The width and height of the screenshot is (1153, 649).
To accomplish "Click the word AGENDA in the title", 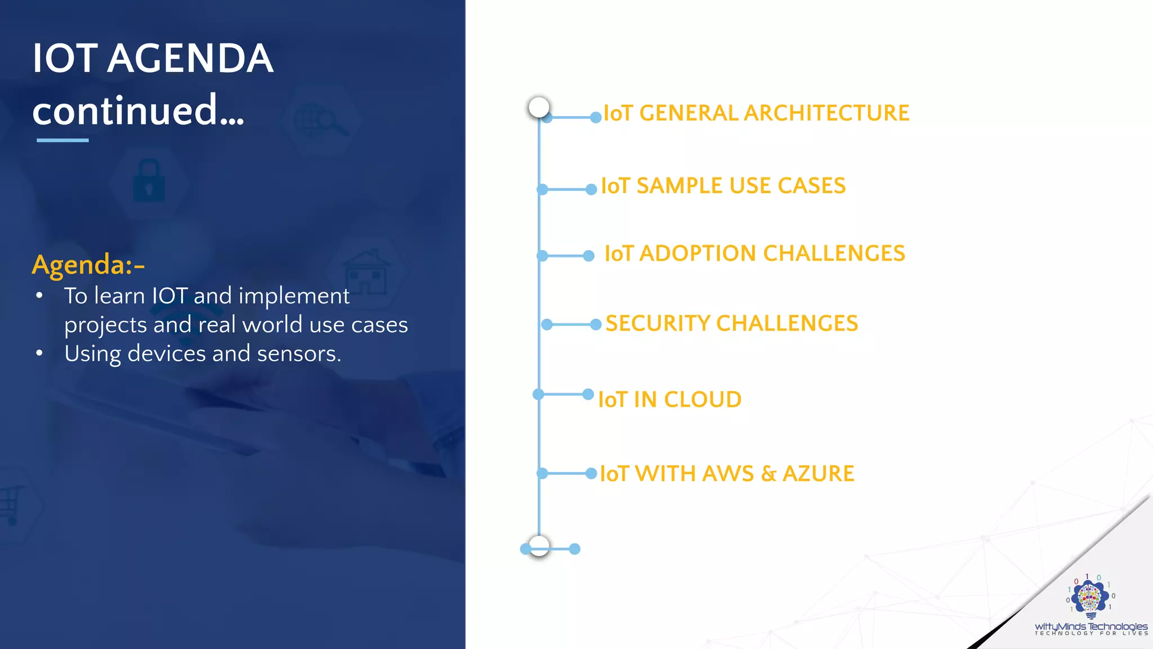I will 190,59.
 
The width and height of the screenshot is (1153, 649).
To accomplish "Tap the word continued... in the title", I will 138,110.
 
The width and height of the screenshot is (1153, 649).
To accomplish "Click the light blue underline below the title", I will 62,140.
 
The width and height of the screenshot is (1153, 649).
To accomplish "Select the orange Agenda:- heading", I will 88,264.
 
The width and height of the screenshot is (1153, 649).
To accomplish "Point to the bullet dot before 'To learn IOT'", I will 39,296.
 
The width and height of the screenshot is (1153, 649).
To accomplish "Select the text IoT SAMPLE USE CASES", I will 723,186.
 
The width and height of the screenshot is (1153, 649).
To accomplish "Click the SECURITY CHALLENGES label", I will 731,323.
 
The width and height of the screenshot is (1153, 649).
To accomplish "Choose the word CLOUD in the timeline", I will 703,399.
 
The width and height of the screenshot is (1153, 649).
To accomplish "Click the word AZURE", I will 818,473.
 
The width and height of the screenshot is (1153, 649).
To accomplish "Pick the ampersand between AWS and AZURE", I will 768,474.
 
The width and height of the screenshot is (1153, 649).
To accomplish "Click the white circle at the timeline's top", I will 539,107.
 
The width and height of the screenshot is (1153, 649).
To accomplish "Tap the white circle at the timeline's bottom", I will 539,545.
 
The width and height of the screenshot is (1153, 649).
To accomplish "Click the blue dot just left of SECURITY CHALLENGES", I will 596,324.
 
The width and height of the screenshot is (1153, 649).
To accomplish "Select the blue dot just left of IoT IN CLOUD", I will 588,394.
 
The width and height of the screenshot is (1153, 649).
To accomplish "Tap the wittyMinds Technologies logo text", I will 1091,626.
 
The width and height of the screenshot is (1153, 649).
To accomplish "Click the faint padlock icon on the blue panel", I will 149,181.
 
